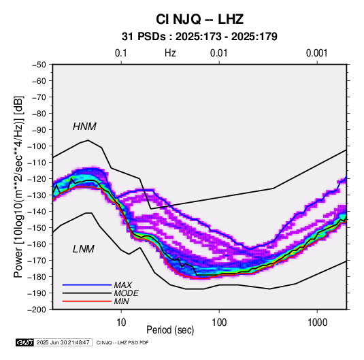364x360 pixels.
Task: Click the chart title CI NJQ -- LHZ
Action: [x=199, y=19]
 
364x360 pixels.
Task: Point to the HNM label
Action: [x=84, y=127]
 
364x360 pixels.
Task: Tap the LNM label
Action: [x=84, y=249]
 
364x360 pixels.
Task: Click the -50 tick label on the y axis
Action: [x=39, y=65]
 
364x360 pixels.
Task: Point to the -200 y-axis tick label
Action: [x=37, y=310]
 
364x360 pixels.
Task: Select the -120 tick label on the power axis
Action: [x=37, y=179]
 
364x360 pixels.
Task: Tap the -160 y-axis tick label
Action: [x=37, y=244]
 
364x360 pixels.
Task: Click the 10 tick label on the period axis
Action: [x=121, y=322]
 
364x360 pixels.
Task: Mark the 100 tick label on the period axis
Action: [x=219, y=322]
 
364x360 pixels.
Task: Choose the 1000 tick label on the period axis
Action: [x=317, y=322]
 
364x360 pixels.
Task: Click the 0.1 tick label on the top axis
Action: [x=121, y=53]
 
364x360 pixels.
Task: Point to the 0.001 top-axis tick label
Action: [x=317, y=53]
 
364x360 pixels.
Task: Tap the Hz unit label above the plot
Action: [x=170, y=53]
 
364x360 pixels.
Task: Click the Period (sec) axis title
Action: [x=170, y=330]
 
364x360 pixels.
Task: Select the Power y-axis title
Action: [x=18, y=186]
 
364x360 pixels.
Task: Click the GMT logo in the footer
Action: [x=24, y=342]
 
